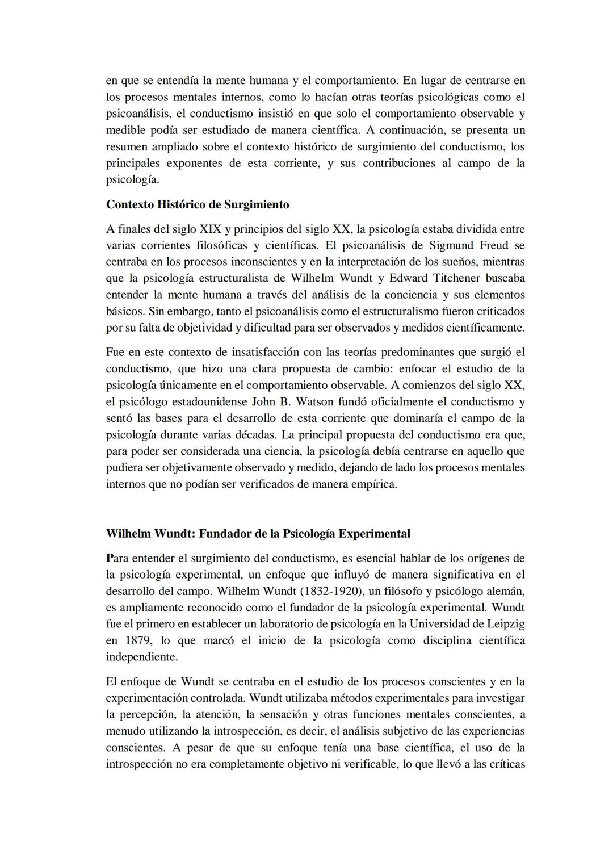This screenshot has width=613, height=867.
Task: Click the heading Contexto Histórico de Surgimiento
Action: tap(198, 204)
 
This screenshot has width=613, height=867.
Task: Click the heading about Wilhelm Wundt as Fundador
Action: tap(258, 534)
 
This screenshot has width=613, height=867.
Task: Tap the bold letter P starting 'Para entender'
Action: tap(110, 559)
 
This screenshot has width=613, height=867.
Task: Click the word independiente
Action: tap(141, 657)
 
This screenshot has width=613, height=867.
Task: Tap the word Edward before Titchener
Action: tap(408, 279)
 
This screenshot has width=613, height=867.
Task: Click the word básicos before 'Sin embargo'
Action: tap(124, 312)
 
